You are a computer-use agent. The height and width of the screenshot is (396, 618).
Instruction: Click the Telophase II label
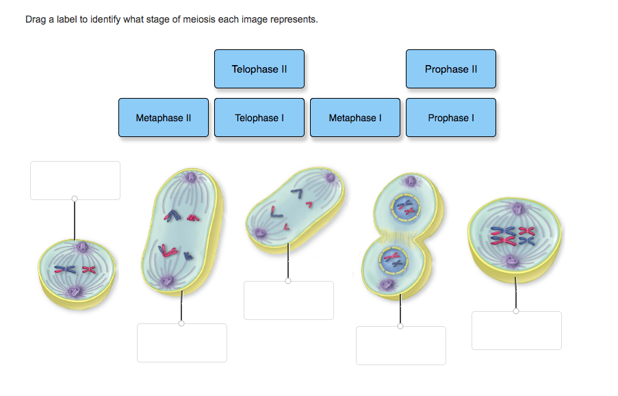coord(259,69)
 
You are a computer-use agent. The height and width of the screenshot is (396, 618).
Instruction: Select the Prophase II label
coord(450,69)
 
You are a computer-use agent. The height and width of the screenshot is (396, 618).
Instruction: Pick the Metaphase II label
coord(163,118)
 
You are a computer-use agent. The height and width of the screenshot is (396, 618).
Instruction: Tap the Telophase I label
coord(259,118)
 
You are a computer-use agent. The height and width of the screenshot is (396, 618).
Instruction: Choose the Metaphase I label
coord(355,118)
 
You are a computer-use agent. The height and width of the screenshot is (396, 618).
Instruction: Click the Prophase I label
coord(450,118)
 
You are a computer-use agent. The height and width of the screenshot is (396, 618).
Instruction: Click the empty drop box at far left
coord(75,180)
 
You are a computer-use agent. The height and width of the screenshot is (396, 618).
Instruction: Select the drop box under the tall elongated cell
coord(182,343)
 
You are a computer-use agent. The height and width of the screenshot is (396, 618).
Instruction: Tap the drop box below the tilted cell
coord(289,300)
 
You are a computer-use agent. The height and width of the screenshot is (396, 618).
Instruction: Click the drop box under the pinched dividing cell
coord(401,345)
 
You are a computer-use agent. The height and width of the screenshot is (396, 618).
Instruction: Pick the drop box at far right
coord(516,330)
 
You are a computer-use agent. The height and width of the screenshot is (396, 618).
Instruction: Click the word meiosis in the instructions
coord(196,19)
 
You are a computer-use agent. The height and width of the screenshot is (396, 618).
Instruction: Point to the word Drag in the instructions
coord(36,19)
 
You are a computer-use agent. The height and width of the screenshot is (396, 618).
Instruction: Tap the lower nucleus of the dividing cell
coord(392,260)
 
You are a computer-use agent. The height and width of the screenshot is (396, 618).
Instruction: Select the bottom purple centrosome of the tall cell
coord(166,280)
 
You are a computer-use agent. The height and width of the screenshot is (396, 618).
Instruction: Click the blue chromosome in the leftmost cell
coord(66,269)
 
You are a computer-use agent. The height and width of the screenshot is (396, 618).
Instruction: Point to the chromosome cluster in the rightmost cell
coord(513,235)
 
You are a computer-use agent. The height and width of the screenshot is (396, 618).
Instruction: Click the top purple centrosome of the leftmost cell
coord(81,247)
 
